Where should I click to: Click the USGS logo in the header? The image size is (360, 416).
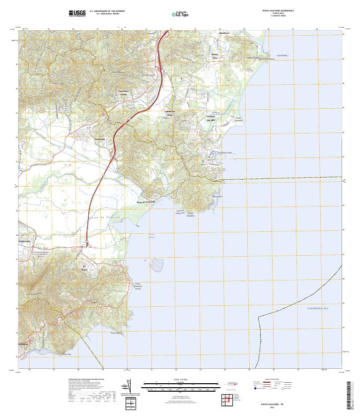tap(77, 13)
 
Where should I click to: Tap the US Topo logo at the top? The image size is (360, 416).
tap(180, 14)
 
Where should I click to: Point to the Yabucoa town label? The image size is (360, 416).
tap(24, 241)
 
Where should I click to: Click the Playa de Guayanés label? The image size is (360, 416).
tap(146, 203)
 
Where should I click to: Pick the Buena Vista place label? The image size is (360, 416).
tap(215, 56)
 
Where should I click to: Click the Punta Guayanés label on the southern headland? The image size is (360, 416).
tap(191, 214)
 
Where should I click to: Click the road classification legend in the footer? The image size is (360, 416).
tap(276, 385)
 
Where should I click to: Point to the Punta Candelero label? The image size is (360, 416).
tap(238, 119)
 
